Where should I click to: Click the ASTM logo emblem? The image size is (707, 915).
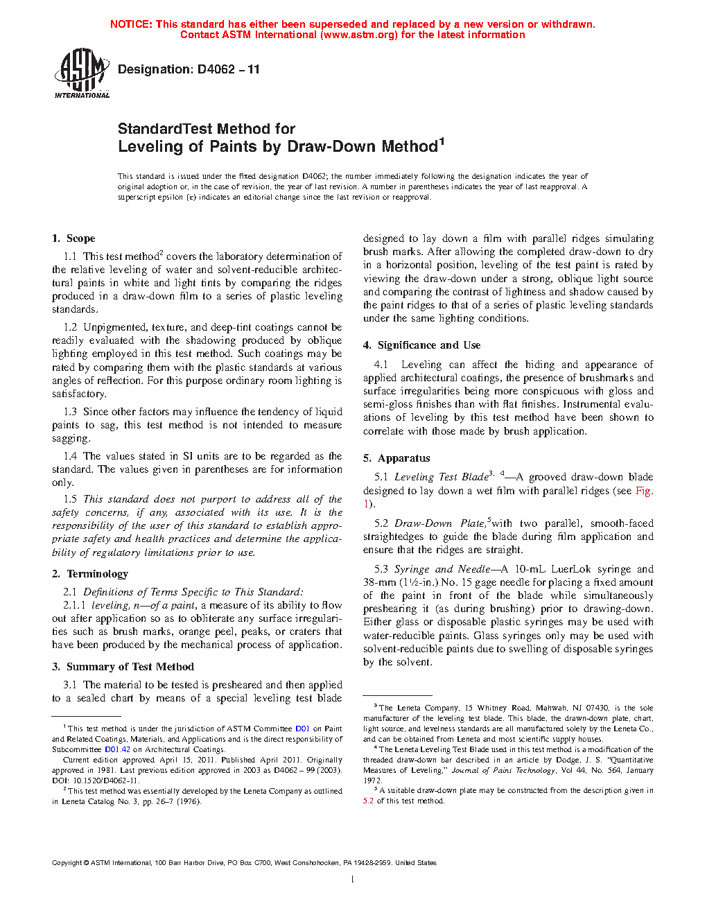pos(82,72)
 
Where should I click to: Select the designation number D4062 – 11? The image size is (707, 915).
pos(229,69)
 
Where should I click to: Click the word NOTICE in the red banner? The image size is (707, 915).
pos(131,24)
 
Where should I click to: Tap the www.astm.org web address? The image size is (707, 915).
pos(358,35)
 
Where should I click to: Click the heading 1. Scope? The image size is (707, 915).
pos(73,238)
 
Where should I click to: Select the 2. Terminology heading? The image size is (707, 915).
pos(90,574)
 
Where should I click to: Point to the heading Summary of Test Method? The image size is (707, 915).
pos(130,667)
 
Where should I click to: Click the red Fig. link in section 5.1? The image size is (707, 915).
pos(644,491)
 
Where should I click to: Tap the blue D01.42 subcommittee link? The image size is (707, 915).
pos(117,749)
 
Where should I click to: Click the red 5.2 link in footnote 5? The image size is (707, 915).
pos(368,801)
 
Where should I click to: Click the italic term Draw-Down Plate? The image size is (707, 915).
pos(439,523)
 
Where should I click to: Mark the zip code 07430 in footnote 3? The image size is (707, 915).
pos(597,708)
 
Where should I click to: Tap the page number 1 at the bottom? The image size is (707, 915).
pos(353,880)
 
